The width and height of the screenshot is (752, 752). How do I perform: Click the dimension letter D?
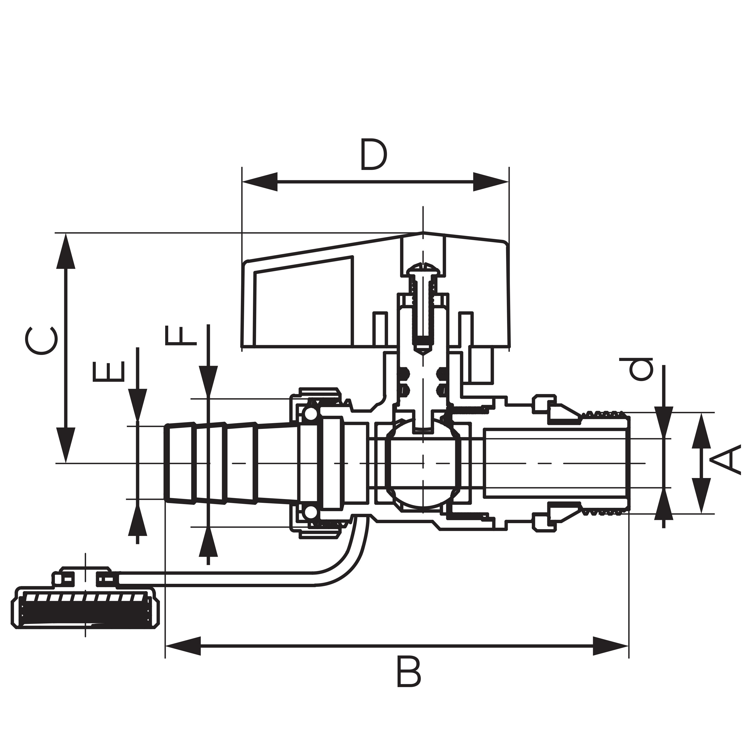coord(374,154)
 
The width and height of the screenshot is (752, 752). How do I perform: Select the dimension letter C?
coord(42,341)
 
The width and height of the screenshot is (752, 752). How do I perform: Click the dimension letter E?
coord(109,372)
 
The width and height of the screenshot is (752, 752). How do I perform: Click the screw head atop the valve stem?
coord(423,269)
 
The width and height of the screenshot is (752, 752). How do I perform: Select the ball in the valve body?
coord(423,463)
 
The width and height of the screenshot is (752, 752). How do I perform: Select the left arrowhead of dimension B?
coord(183,646)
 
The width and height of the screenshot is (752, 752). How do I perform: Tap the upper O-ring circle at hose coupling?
coord(310,414)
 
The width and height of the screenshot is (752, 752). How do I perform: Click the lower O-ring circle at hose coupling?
coord(310,513)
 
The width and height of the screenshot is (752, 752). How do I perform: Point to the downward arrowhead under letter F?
coord(208,382)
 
